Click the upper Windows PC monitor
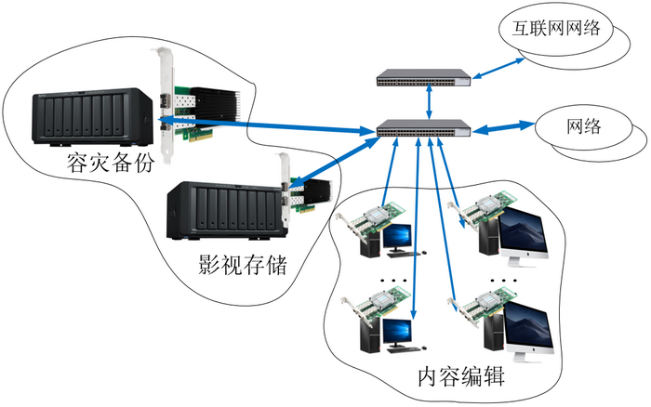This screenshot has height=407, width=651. (403, 237)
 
